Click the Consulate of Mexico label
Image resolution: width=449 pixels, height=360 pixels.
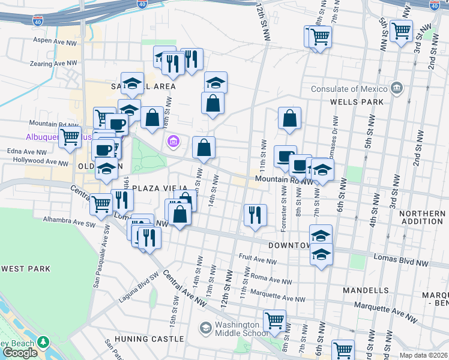pos(349,89)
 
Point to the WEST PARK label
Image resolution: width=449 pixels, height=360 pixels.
pos(25,269)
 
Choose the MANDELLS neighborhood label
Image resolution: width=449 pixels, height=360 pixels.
pos(365,290)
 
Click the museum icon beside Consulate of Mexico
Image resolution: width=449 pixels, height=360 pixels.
pos(396,89)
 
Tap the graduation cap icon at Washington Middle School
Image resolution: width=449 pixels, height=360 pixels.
pos(206,328)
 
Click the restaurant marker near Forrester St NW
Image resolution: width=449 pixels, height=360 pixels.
pos(255,214)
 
